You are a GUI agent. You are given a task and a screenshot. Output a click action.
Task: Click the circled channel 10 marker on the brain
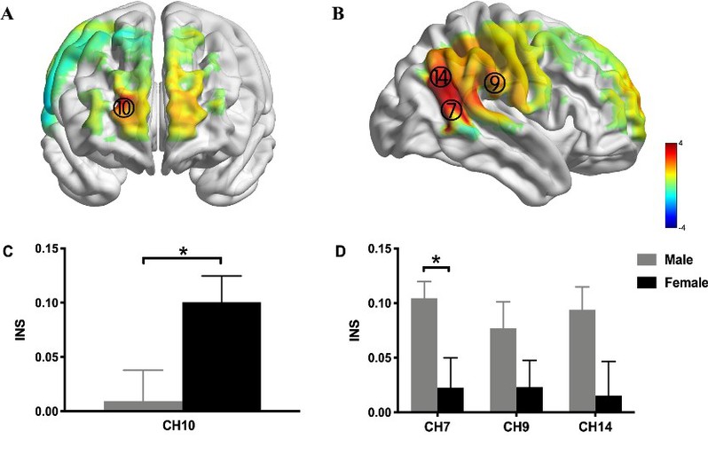(x=124, y=107)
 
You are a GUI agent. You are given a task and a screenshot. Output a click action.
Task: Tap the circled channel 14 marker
(x=440, y=78)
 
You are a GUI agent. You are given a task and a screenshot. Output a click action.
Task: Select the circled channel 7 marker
(x=452, y=110)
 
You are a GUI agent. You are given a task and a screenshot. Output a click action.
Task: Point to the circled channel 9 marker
(x=494, y=82)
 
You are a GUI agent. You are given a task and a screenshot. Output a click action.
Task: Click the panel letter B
(x=336, y=15)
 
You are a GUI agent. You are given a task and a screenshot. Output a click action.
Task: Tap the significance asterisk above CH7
(x=437, y=260)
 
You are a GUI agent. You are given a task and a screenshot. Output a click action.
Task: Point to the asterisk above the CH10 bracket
(x=184, y=252)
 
